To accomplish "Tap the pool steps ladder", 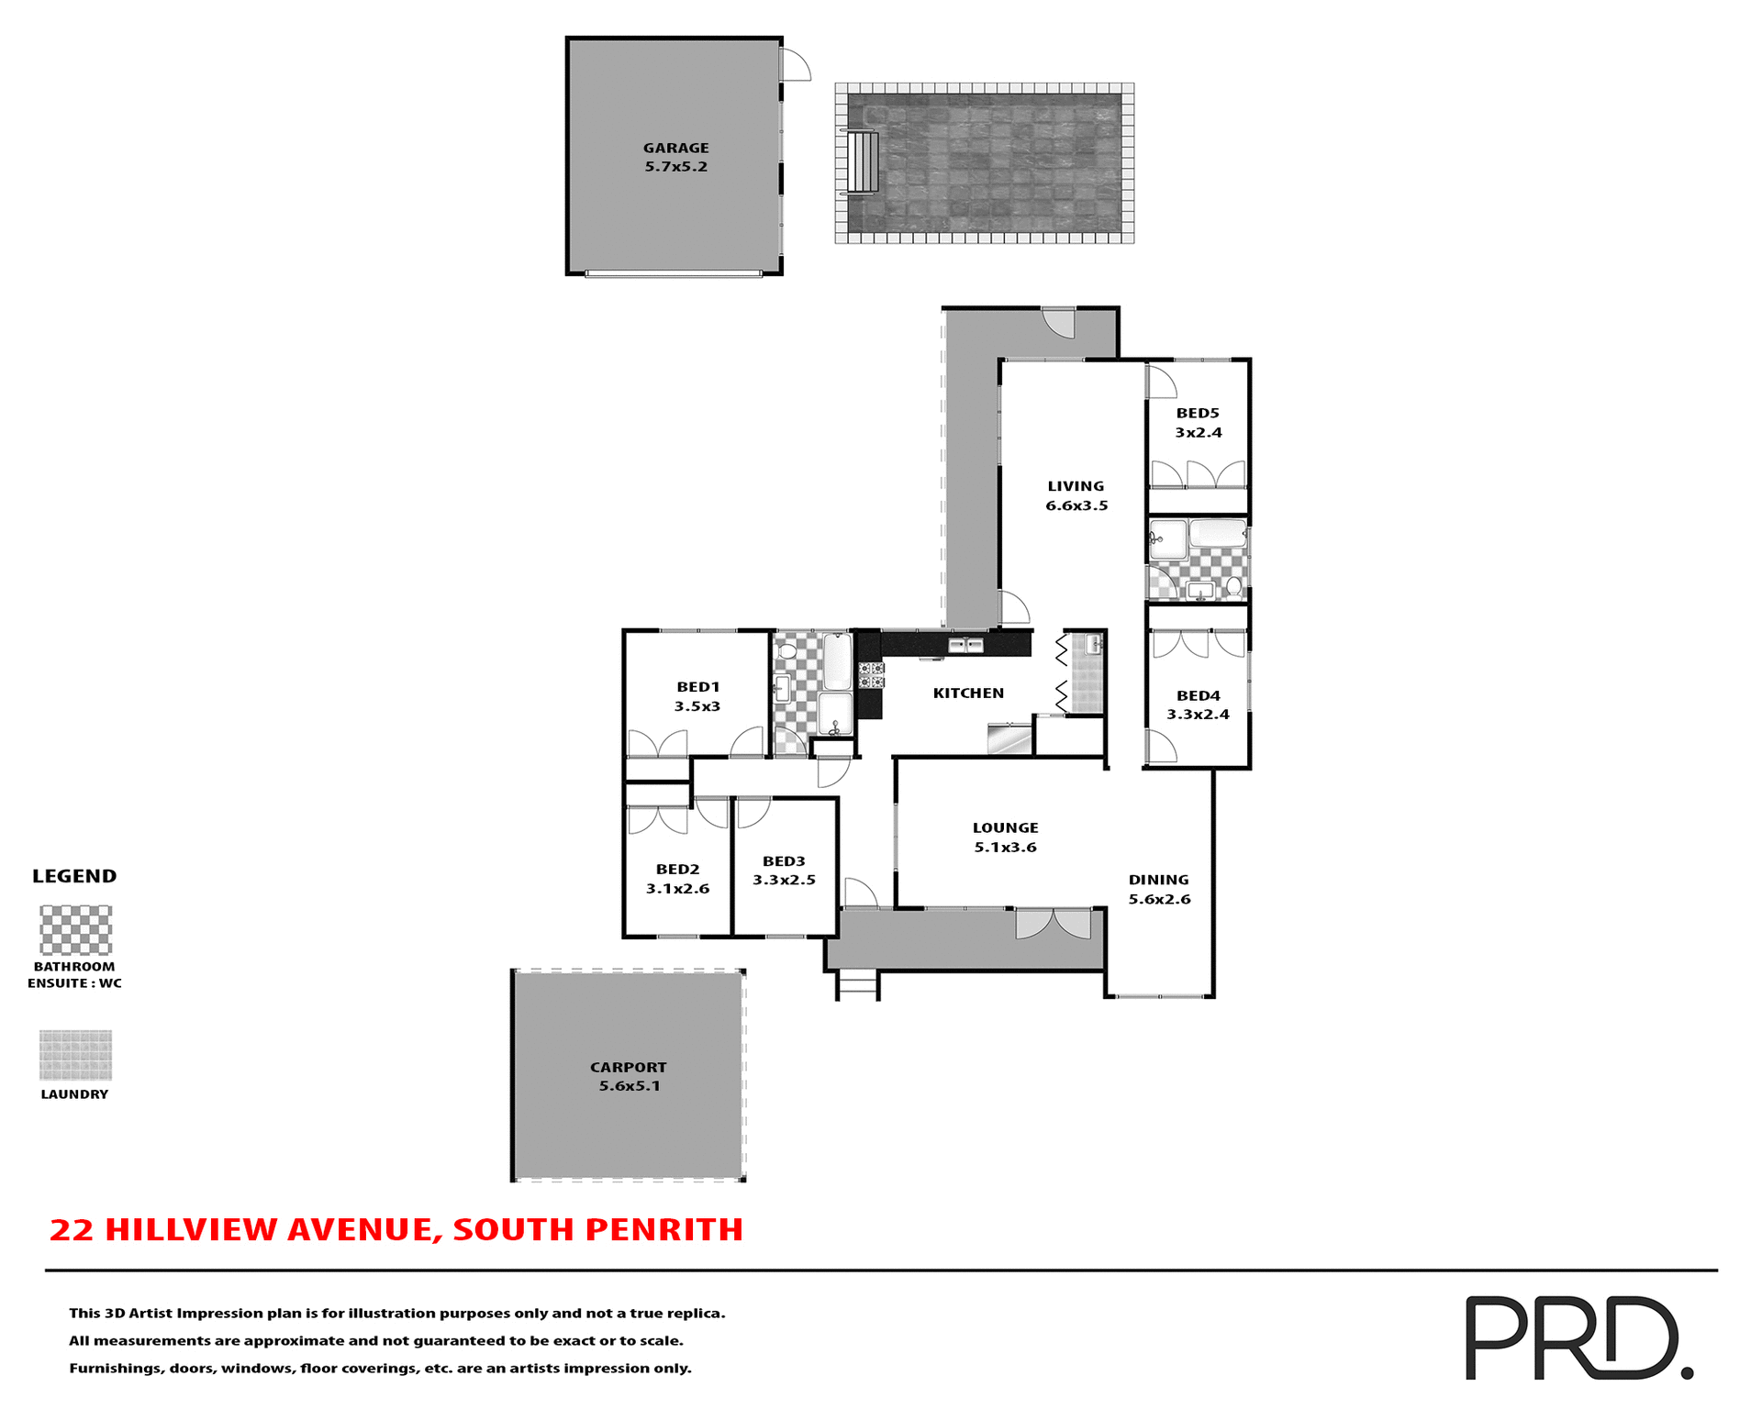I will coord(862,162).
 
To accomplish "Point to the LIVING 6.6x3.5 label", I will coord(1076,495).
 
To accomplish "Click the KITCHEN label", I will coord(968,693).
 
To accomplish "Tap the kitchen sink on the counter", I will coord(965,646).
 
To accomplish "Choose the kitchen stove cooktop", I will coord(871,675).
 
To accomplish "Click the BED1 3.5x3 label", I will coord(697,696).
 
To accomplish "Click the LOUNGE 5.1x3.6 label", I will coord(1005,837).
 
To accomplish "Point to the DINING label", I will coord(1158,880).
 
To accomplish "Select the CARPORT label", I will coord(629,1067).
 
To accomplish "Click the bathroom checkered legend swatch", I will coord(76,930).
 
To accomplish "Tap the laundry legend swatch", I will coord(76,1055).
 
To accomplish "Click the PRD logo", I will coord(1578,1337).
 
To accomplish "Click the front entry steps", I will coord(858,985).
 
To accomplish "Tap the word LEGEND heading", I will coord(74,876).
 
